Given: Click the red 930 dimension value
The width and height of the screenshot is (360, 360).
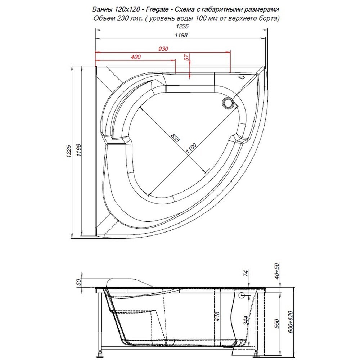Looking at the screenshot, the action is [x=163, y=49].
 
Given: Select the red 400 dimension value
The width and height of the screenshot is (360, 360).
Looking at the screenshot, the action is [x=136, y=57].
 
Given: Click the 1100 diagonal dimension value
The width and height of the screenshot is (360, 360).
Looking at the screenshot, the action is [x=191, y=149].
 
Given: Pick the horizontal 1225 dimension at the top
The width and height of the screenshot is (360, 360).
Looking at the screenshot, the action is [x=182, y=26].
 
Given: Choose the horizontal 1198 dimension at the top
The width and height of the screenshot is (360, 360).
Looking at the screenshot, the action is [x=181, y=35].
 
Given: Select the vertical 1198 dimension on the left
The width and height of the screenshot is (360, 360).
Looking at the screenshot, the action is [x=78, y=150].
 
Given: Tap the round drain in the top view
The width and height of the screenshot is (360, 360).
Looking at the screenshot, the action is [x=228, y=102].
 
